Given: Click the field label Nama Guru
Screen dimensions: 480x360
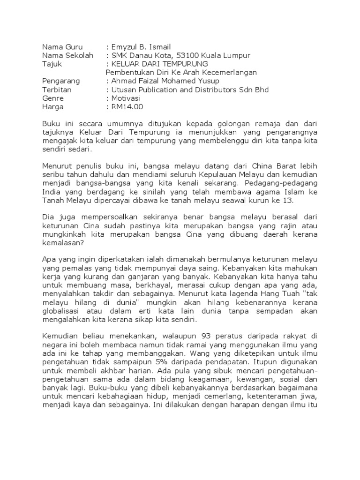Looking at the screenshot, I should click(62, 47).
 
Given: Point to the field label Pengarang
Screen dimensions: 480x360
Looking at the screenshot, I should click(61, 81).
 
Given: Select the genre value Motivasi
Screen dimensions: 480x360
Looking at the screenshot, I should click(127, 98).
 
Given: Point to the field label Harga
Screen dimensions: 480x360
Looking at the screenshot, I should click(53, 107).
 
